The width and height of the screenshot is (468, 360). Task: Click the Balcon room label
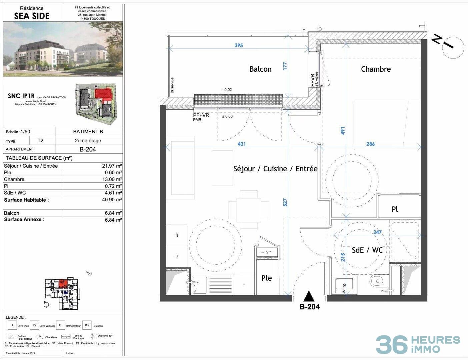click(x=260, y=69)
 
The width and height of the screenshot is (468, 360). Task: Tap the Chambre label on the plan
click(x=376, y=69)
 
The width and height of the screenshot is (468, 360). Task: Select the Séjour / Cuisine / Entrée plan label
click(x=275, y=169)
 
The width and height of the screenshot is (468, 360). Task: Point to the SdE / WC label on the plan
click(x=367, y=250)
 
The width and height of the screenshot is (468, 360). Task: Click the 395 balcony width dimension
click(x=239, y=45)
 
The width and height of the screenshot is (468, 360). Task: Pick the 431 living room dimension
click(x=242, y=144)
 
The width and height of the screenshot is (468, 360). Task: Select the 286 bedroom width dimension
click(x=370, y=144)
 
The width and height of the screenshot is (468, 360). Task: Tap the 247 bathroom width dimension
click(x=377, y=232)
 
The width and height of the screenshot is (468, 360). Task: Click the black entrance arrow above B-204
click(x=309, y=296)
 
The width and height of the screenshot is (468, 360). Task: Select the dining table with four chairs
click(x=248, y=210)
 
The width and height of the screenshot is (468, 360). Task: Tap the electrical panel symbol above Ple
click(x=267, y=252)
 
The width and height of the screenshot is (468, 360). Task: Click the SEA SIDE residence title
click(x=32, y=16)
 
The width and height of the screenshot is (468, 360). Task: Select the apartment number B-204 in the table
click(x=87, y=149)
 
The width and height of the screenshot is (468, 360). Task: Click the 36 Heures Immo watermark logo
click(x=418, y=344)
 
